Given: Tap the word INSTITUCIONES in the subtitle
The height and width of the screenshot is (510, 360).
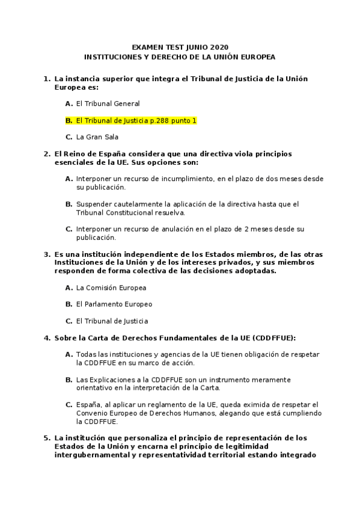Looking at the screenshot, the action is pyautogui.click(x=112, y=57).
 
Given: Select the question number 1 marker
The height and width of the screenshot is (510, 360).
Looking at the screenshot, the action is pyautogui.click(x=46, y=78).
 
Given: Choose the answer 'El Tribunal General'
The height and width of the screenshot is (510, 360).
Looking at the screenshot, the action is pyautogui.click(x=108, y=103).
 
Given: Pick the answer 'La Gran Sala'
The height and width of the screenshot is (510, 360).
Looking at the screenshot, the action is pyautogui.click(x=97, y=137).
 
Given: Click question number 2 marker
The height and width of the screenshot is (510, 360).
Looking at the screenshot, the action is pyautogui.click(x=46, y=154).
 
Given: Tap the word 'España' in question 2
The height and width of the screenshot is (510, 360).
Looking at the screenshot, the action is pyautogui.click(x=100, y=154).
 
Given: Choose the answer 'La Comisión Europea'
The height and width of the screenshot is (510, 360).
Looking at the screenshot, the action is pyautogui.click(x=111, y=287).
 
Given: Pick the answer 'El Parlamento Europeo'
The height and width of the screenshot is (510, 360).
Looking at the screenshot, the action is pyautogui.click(x=114, y=304).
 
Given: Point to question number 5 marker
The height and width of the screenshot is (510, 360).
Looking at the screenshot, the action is pyautogui.click(x=46, y=438).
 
